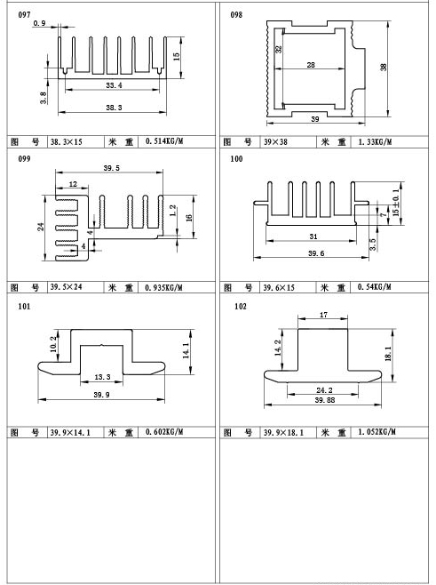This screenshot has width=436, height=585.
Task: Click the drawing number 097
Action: (24, 15)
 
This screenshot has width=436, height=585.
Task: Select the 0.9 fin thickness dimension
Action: (39, 23)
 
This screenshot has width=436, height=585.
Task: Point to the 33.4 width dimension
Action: (114, 85)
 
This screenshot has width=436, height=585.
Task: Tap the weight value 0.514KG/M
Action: (164, 141)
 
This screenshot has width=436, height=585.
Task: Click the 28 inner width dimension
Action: (311, 65)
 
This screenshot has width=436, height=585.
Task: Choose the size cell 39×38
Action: (276, 141)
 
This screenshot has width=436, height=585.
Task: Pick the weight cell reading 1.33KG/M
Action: (375, 141)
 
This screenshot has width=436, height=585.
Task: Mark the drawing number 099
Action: (24, 158)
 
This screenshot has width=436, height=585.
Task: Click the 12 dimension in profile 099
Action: (73, 184)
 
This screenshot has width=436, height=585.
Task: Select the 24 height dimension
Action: (41, 227)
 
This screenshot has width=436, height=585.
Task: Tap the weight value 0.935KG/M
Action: (164, 288)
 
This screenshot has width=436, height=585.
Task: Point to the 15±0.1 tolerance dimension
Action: (396, 203)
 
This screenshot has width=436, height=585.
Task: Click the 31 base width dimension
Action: (313, 236)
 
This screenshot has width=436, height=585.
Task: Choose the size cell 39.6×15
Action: (279, 288)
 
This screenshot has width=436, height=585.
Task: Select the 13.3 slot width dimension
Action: (102, 377)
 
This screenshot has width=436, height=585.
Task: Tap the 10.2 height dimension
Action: (53, 343)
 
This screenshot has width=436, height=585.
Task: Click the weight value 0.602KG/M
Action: (164, 432)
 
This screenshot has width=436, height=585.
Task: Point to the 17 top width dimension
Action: (323, 315)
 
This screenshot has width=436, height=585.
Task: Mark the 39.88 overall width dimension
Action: (325, 400)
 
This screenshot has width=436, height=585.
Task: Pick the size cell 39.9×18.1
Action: (283, 432)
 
